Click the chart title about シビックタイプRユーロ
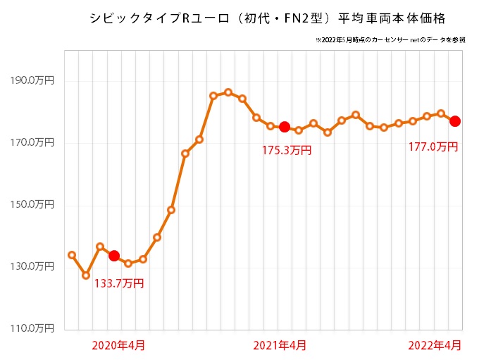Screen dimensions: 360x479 [x=267, y=17]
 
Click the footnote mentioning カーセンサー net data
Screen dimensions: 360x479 [x=390, y=39]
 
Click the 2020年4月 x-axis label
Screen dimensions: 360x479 [x=119, y=345]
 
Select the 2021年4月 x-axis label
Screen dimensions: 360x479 [x=279, y=345]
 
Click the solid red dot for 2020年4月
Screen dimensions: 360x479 [x=114, y=256]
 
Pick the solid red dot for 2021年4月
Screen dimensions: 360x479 [x=285, y=127]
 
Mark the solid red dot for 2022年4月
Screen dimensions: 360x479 [x=455, y=121]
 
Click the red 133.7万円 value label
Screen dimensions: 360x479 [x=119, y=284]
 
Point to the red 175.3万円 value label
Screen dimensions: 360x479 [x=287, y=149]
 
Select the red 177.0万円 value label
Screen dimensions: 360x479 [x=433, y=147]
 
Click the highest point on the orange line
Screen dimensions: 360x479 [x=228, y=92]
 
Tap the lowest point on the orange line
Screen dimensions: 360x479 [x=86, y=275]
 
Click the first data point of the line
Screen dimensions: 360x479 [x=72, y=254]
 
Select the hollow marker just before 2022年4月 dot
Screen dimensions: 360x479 [x=441, y=113]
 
